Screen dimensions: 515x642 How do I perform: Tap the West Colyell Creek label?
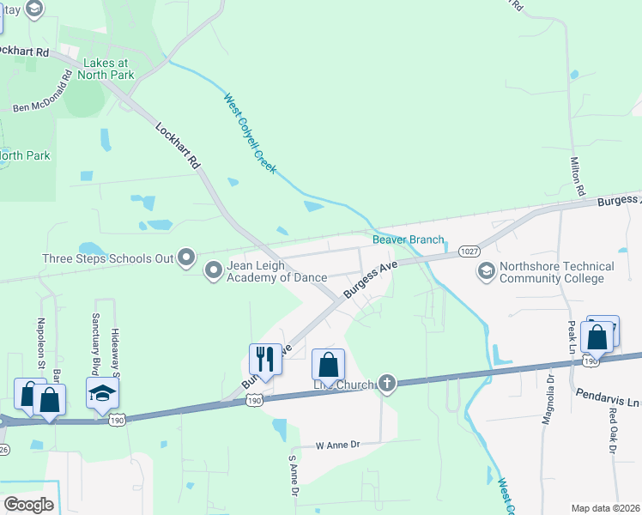tap(250, 133)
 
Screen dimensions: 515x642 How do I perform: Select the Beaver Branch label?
tap(408, 239)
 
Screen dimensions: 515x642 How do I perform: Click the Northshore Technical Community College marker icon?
tap(487, 271)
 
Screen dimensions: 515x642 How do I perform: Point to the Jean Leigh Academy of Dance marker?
tap(213, 271)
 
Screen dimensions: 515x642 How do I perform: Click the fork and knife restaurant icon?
tap(265, 358)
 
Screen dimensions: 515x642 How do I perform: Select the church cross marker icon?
tap(387, 383)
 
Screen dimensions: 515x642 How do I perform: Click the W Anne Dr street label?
tap(336, 445)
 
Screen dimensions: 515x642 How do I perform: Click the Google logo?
tap(29, 505)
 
